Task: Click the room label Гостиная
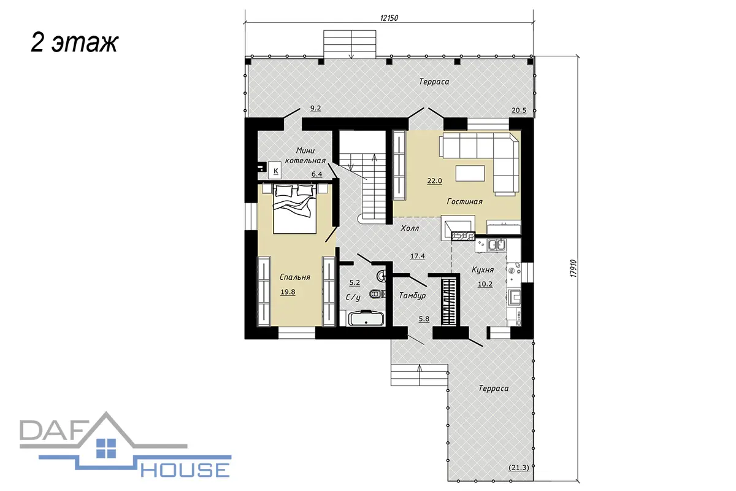[464, 201]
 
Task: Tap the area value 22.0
[434, 181]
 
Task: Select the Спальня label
[295, 277]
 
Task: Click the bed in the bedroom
[294, 209]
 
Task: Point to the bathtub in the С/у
[366, 318]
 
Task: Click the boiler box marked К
[275, 171]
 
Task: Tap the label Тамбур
[412, 296]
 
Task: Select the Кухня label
[483, 269]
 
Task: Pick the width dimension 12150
[389, 18]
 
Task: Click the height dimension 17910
[573, 268]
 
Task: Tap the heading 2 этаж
[74, 43]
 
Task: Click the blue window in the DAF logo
[106, 448]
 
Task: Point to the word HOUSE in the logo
[185, 470]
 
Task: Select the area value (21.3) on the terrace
[519, 468]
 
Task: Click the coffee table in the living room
[470, 173]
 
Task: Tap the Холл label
[410, 228]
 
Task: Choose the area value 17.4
[418, 256]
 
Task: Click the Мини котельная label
[305, 155]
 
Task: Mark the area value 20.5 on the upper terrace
[519, 110]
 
